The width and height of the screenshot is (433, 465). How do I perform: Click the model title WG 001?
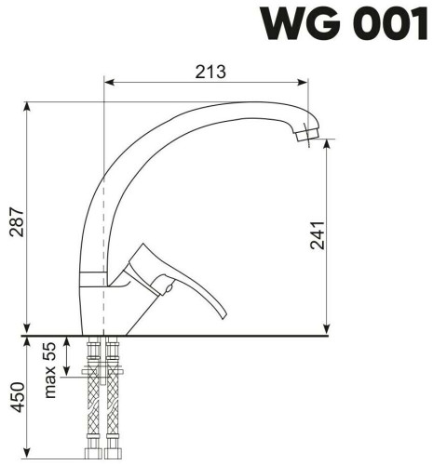344,24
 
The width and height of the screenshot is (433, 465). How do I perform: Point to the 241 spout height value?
316,238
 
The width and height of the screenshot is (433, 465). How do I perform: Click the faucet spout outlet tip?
300,136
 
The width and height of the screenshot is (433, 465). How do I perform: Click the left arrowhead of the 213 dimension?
107,82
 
